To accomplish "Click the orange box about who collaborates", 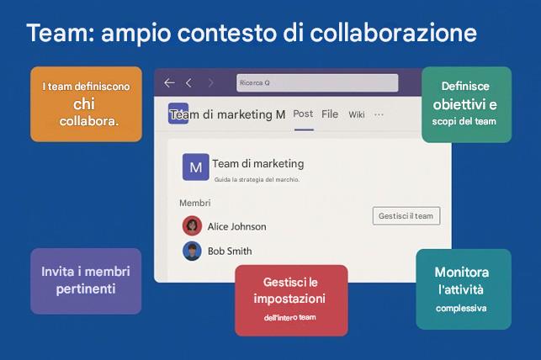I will tap(86, 103).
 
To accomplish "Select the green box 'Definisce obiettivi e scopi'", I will tap(465, 104).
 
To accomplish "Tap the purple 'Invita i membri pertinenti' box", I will tap(86, 281).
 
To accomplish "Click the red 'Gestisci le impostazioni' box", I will tap(290, 299).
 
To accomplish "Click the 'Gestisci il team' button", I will tap(406, 216).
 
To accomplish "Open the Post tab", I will tap(303, 114).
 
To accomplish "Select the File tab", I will tap(330, 114).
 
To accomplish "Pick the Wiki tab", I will tap(357, 114).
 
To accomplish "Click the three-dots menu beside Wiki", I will tap(379, 114).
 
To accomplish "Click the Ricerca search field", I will tap(316, 83).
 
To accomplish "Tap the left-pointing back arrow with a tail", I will tap(169, 83).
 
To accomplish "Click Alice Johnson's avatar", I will tap(192, 225).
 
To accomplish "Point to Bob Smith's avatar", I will tap(192, 251).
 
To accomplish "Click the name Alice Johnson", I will tap(236, 226).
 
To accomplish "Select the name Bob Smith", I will tap(230, 251).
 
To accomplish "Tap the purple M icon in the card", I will tap(195, 167).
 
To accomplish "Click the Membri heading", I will tap(194, 203).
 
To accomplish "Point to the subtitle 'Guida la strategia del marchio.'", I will tap(257, 180).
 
